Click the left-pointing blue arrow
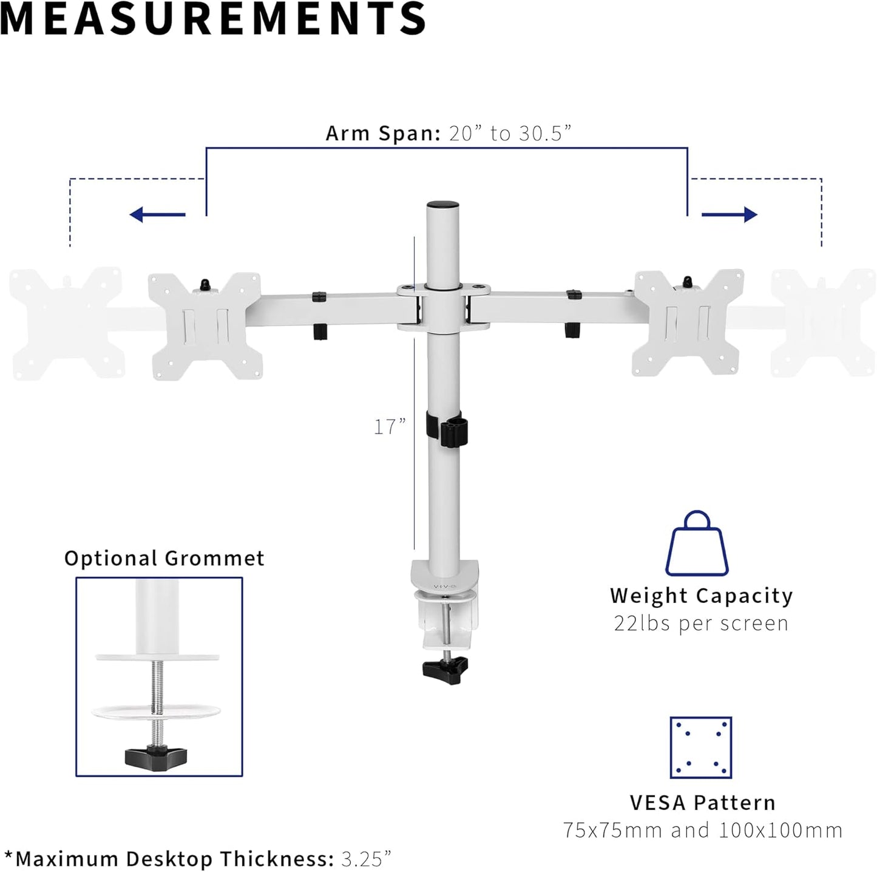click(x=157, y=214)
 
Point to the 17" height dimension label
click(x=389, y=427)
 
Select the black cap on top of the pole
click(x=442, y=206)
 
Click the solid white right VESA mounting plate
click(x=688, y=322)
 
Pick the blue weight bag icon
click(x=697, y=544)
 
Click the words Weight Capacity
click(x=701, y=596)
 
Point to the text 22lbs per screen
click(x=701, y=624)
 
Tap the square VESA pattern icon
click(x=701, y=748)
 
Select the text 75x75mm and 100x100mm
click(x=702, y=830)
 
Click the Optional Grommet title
click(x=164, y=559)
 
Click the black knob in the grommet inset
click(x=156, y=757)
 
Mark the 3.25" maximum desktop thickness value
click(x=366, y=859)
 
